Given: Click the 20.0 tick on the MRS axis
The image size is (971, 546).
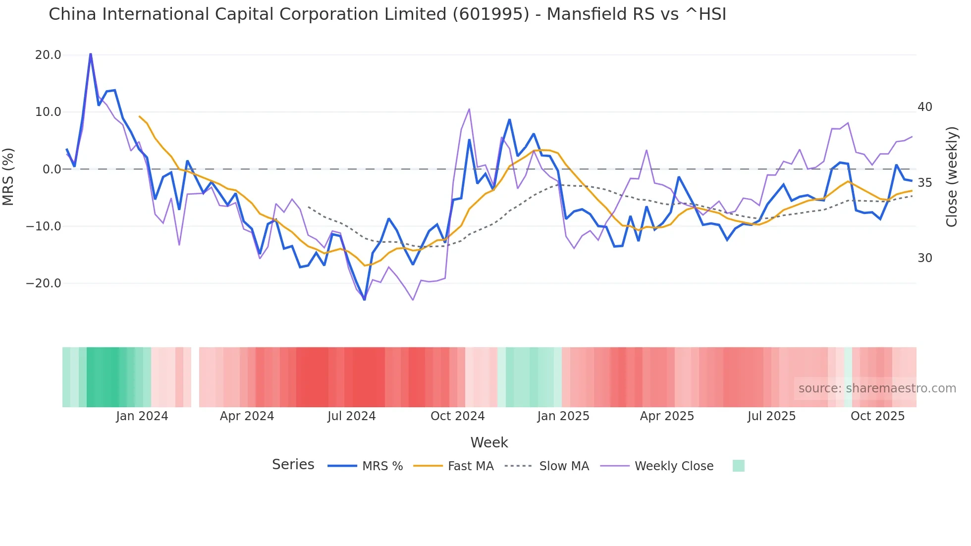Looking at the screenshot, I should [x=48, y=55].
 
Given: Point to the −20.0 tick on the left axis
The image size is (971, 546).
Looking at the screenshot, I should [x=44, y=283].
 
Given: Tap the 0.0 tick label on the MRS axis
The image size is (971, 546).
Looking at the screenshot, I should [x=52, y=169].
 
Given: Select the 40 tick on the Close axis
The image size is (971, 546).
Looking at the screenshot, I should [x=924, y=107].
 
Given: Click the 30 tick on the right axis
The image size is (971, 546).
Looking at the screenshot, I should [x=924, y=258].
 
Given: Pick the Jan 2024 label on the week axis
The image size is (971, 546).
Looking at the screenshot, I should [x=142, y=416].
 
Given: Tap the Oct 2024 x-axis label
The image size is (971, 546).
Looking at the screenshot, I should [x=457, y=416].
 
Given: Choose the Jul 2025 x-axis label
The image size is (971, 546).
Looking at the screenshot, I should [x=771, y=416].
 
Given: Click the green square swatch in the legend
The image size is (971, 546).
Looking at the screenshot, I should [x=738, y=466].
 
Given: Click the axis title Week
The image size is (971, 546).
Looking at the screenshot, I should [x=489, y=442].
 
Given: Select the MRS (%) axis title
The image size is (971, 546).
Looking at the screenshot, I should [x=8, y=176].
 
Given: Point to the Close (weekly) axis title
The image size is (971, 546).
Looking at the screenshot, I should [x=951, y=177].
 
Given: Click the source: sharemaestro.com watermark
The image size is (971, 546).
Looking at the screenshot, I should [x=877, y=388].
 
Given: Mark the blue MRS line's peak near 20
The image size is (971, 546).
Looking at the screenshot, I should [x=91, y=54].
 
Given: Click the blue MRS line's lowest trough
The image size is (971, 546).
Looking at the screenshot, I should [x=365, y=299].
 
